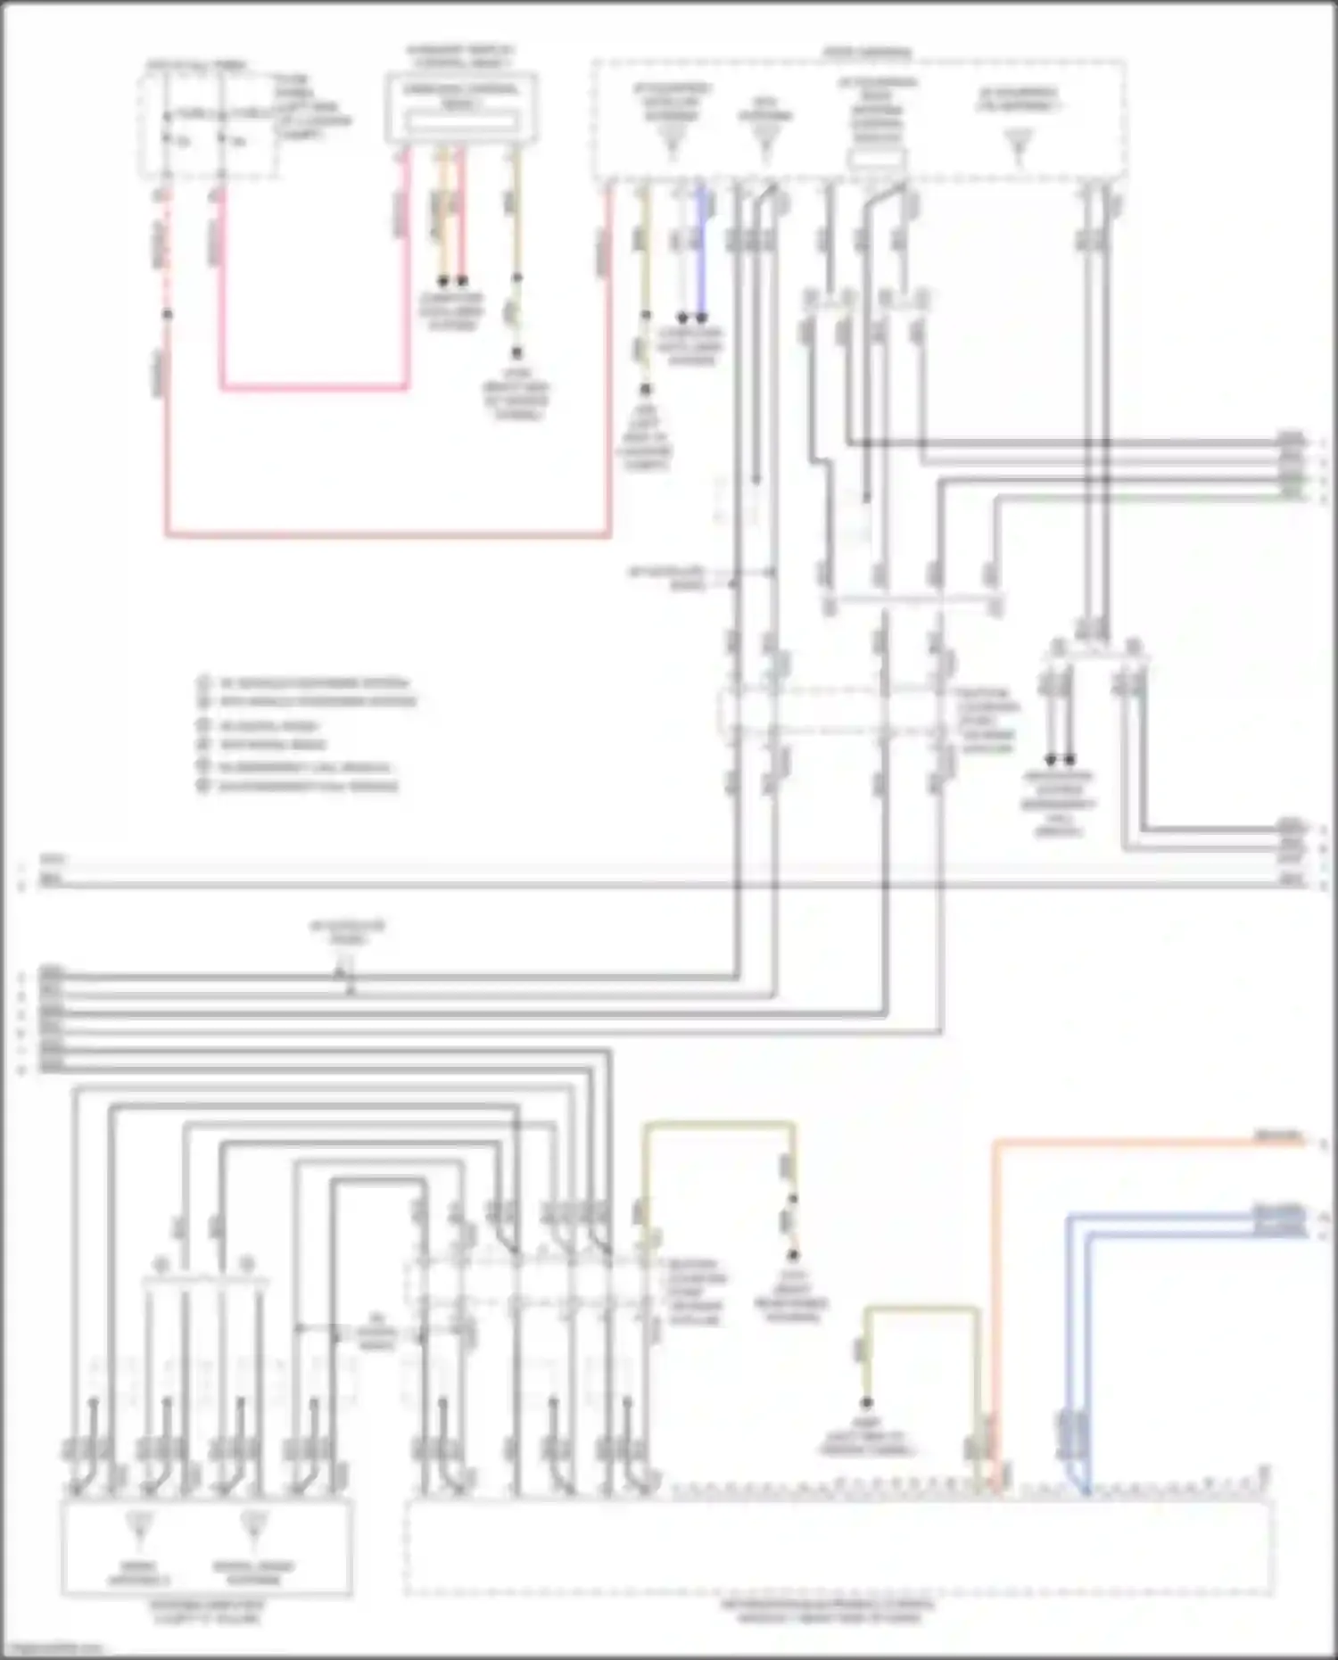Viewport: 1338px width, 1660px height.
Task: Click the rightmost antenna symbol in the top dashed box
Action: (x=1019, y=147)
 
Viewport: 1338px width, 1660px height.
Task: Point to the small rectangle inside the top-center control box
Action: (x=459, y=121)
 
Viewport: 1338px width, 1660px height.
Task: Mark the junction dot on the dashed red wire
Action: (x=167, y=314)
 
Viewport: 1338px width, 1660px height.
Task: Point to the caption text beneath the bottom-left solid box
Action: (x=207, y=1611)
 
